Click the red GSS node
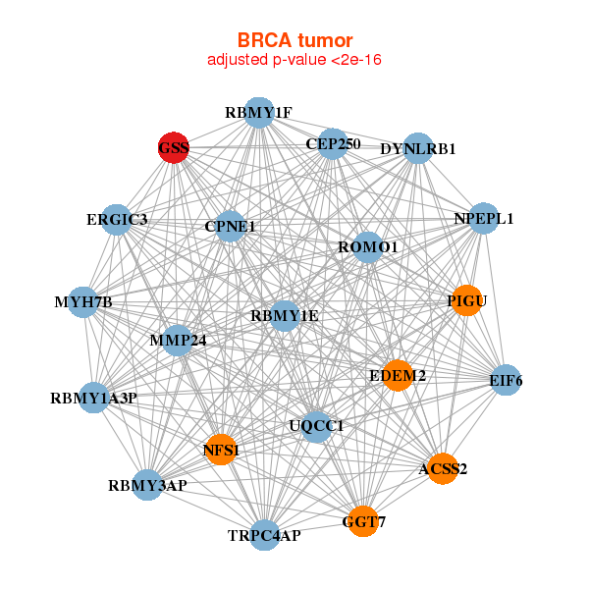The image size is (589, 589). coord(174,148)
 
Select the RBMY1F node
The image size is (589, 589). coord(258,113)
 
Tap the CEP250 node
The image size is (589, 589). coord(333,143)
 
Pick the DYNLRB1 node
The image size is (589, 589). coord(418,148)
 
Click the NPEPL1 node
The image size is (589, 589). coord(483,218)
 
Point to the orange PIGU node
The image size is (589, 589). coord(466,300)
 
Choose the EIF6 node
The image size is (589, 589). coord(505,380)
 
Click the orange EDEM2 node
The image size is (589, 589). coord(398,375)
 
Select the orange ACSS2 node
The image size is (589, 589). coord(443,468)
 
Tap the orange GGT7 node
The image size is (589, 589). coord(364,520)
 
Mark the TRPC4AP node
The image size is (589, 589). coord(264,535)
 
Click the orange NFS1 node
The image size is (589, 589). coord(221,450)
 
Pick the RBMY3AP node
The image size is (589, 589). coord(147,485)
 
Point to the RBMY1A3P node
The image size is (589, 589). coord(93,398)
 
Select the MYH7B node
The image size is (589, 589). coord(82,301)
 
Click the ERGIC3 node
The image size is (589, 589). coord(117,219)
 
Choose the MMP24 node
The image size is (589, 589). coord(177,341)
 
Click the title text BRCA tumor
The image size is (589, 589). coord(294,40)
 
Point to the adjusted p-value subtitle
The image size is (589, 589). coord(294,60)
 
